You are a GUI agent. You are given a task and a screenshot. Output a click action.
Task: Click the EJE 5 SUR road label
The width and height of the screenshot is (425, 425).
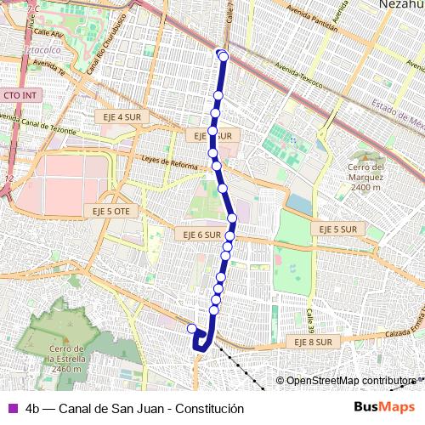[x=336, y=229]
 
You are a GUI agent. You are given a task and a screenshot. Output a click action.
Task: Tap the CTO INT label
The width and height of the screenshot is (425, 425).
[x=20, y=95]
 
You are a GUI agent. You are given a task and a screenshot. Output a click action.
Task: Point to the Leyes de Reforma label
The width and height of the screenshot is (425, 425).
[x=169, y=162]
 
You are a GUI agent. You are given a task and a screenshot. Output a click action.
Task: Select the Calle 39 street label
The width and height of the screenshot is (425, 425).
[x=311, y=321]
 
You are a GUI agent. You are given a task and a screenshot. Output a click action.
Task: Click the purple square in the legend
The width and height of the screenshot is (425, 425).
[x=11, y=408]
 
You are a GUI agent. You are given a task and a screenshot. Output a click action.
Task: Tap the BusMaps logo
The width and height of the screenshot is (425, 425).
[x=384, y=408]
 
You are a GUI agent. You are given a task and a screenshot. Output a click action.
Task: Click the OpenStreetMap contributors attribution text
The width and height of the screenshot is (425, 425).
[x=348, y=381]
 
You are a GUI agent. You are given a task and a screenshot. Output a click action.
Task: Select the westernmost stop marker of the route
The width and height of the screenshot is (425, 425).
[x=192, y=329]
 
